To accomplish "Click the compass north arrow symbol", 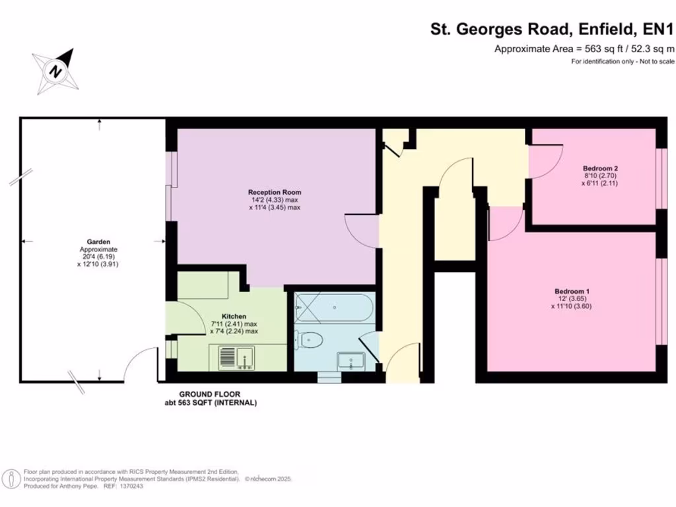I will [x=57, y=69].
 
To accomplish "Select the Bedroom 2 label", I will [x=600, y=168].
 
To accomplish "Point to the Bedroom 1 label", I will [x=572, y=291].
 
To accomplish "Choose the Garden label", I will [x=98, y=242].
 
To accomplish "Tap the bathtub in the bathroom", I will [x=334, y=308].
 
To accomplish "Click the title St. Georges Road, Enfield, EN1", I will [x=552, y=29].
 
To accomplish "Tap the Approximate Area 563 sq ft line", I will [x=584, y=49].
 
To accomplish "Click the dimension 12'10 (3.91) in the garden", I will [x=98, y=263].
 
